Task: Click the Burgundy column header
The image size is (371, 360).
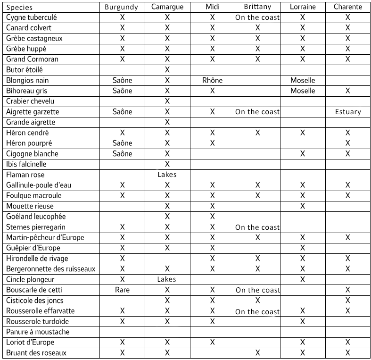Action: pos(122,7)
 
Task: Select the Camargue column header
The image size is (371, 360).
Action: pos(167,7)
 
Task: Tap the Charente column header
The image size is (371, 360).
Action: pos(347,7)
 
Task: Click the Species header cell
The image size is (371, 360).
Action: pos(20,8)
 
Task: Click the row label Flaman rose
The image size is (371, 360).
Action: pos(25,175)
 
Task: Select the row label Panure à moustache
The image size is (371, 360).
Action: pos(38,332)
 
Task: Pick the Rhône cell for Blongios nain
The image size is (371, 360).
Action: pos(212,80)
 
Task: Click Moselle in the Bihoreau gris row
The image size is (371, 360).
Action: pos(302,91)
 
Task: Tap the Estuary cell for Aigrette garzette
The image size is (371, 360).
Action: pos(347,112)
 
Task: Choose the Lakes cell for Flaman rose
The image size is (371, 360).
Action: pos(167,175)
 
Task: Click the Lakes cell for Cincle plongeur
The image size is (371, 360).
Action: pos(167,279)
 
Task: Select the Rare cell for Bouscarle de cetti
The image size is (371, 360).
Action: pos(122,290)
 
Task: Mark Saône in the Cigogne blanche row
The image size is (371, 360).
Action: pos(122,154)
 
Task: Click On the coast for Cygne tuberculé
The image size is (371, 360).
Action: pos(257,17)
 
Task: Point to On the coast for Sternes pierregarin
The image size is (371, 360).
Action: pos(257,227)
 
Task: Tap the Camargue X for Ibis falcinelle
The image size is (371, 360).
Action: pos(167,164)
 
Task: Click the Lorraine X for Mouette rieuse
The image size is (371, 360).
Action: pos(302,206)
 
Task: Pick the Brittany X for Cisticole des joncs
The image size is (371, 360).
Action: pos(257,300)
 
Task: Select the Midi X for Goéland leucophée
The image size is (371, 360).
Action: pos(212,217)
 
